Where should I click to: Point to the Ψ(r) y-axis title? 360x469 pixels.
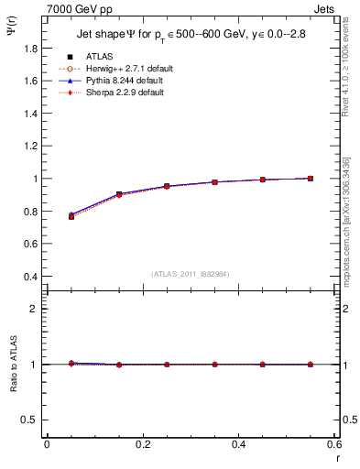click(11, 35)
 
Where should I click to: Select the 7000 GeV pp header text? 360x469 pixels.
click(79, 9)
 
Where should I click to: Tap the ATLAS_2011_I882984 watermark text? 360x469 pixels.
click(190, 274)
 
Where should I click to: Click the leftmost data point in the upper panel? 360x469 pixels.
click(71, 216)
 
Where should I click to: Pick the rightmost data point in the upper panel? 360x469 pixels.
click(311, 179)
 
